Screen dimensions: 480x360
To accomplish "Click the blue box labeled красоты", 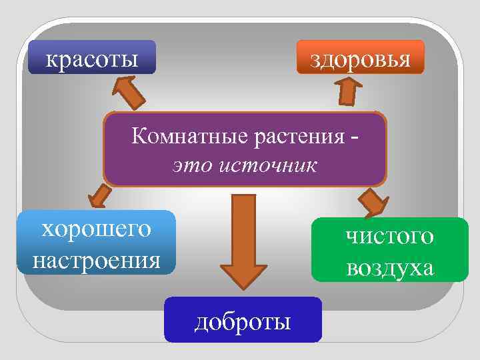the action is [93, 57].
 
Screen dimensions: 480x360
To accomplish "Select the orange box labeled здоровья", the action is [360, 57].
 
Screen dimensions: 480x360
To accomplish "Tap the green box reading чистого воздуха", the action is [390, 251].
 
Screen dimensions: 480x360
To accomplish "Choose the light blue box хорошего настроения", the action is [97, 243].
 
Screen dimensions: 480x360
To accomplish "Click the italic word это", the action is [192, 164].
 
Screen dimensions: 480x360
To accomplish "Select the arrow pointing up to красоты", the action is [131, 92].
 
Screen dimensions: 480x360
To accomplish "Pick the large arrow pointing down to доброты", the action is [243, 237].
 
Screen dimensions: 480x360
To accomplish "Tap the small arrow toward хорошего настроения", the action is [100, 195].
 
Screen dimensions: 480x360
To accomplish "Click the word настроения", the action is [97, 258].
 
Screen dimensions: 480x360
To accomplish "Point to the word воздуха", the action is [390, 267].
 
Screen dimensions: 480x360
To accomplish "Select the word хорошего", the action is [97, 228].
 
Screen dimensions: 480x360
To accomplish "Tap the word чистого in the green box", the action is [390, 235].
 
